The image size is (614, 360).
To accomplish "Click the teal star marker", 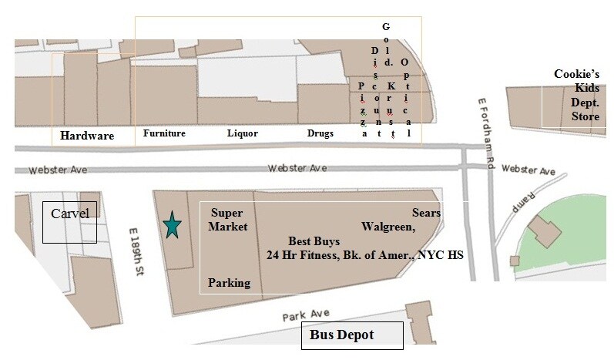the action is click(172, 226).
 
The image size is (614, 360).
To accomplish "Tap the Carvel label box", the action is click(70, 222).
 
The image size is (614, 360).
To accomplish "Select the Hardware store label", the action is click(87, 136).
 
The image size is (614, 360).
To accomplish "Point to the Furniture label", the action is click(164, 133).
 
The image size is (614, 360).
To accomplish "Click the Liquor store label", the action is click(242, 133).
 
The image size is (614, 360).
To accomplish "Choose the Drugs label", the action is click(320, 133).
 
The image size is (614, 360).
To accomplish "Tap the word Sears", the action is click(425, 212).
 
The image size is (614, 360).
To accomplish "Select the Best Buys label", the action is click(314, 241).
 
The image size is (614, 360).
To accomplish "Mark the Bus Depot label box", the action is click(351, 335).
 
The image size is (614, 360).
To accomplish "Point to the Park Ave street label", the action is click(300, 315).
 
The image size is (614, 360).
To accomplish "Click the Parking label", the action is click(229, 283).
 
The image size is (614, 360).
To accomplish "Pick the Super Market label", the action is click(229, 220).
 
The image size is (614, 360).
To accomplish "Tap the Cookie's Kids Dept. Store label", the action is click(576, 96).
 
